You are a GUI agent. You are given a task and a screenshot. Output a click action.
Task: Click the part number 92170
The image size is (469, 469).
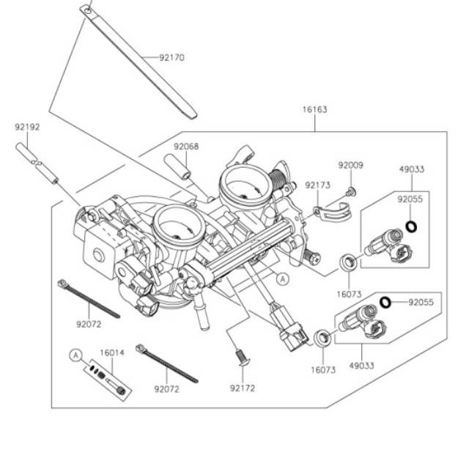[171, 57]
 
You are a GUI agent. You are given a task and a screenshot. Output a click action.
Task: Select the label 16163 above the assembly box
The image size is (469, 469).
[314, 109]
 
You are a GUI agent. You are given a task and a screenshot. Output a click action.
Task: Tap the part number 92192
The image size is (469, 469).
[27, 127]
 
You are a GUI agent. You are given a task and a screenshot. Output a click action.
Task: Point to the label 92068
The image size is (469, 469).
[186, 147]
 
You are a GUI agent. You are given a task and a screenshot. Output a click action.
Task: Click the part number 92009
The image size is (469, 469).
[350, 165]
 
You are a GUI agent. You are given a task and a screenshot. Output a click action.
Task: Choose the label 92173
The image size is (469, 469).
[317, 185]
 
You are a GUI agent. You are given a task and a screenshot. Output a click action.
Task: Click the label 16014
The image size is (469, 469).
[112, 353]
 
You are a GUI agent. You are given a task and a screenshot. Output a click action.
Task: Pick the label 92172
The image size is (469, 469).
[243, 388]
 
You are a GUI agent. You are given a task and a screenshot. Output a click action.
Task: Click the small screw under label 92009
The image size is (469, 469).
[351, 192]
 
